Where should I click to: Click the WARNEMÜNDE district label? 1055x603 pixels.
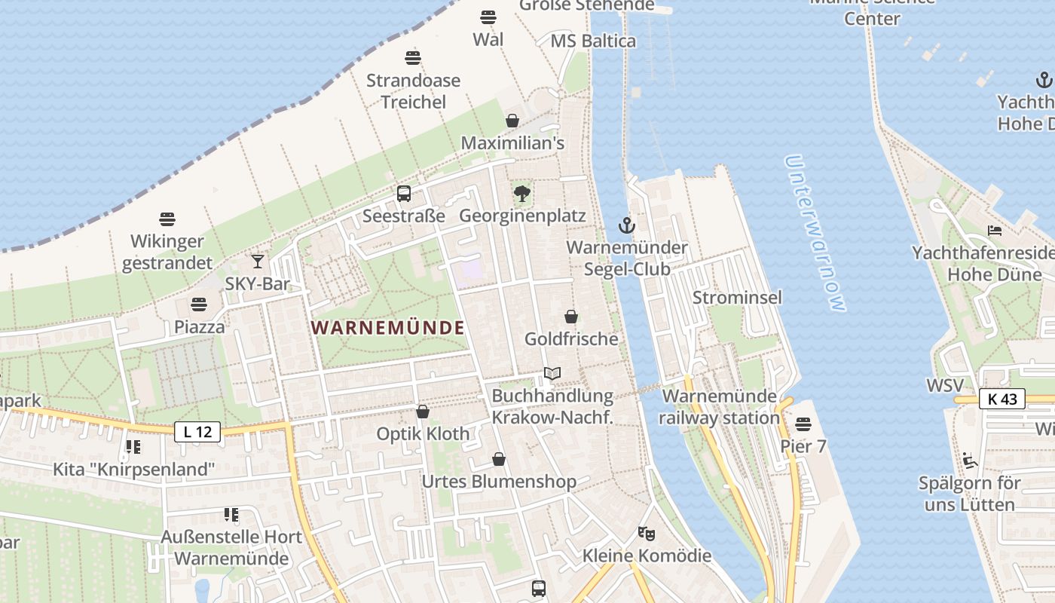pyautogui.click(x=387, y=328)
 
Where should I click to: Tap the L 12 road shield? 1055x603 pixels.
pyautogui.click(x=197, y=432)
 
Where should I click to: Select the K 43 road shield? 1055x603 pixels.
pyautogui.click(x=1002, y=399)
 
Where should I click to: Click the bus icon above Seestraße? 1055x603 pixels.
pyautogui.click(x=404, y=194)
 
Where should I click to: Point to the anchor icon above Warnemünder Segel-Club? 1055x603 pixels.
pyautogui.click(x=626, y=225)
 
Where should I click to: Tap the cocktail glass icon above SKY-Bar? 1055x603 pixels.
pyautogui.click(x=258, y=262)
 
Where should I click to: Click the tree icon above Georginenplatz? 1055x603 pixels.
pyautogui.click(x=521, y=194)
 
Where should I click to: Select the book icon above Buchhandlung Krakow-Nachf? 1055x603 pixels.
pyautogui.click(x=552, y=373)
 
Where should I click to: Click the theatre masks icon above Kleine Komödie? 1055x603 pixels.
pyautogui.click(x=646, y=534)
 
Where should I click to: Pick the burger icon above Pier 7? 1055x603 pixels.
pyautogui.click(x=803, y=424)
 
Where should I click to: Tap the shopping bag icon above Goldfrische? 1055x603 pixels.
pyautogui.click(x=571, y=317)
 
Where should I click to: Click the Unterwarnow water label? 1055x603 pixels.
pyautogui.click(x=815, y=233)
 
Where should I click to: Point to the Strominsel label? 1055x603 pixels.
pyautogui.click(x=737, y=297)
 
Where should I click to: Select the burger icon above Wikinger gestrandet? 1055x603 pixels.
pyautogui.click(x=167, y=219)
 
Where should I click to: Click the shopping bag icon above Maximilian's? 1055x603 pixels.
pyautogui.click(x=512, y=121)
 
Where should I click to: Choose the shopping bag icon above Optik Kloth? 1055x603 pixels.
pyautogui.click(x=423, y=412)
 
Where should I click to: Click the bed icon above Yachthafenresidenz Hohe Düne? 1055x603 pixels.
pyautogui.click(x=995, y=231)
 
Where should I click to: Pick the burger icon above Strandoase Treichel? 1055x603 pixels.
pyautogui.click(x=413, y=58)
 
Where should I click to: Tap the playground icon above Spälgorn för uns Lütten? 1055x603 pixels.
pyautogui.click(x=969, y=461)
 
